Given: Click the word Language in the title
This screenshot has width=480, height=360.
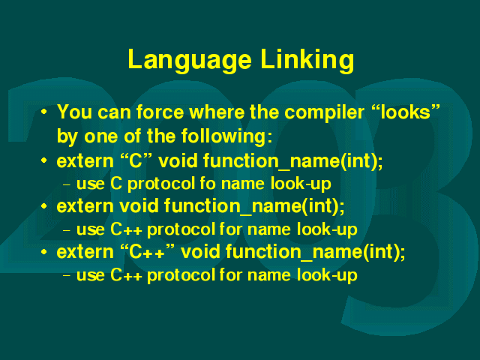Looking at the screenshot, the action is tap(190, 60).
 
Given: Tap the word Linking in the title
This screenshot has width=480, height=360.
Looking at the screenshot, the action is tap(307, 60).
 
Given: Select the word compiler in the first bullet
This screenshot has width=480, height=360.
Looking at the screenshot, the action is tap(324, 113).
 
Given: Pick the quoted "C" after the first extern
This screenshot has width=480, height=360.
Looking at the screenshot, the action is tap(136, 160).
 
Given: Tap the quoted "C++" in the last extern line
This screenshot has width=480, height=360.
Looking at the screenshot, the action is tap(147, 252).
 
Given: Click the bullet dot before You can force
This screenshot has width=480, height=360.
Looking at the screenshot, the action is tap(44, 112).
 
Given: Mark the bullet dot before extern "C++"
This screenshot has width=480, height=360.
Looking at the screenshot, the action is tap(44, 252).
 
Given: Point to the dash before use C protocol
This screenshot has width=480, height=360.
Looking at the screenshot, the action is tap(67, 184).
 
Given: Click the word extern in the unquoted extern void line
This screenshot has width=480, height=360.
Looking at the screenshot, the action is tap(85, 205).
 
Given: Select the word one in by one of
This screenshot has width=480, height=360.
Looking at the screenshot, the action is tap(100, 136).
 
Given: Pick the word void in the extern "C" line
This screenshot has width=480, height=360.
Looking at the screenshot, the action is tap(178, 160).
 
